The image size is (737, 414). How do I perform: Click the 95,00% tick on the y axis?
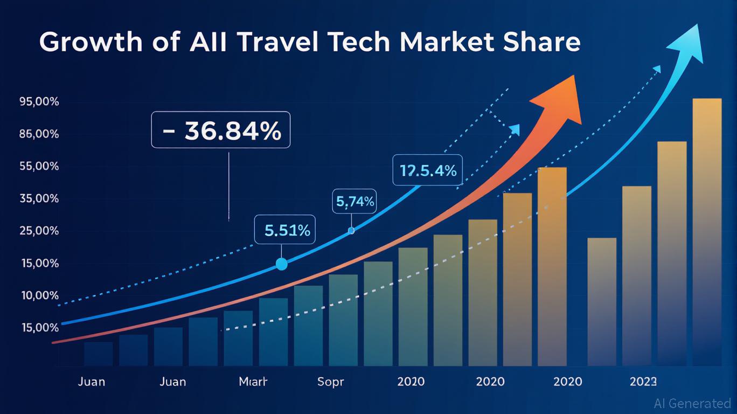(x=39, y=102)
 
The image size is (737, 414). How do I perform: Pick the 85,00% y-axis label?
(x=39, y=134)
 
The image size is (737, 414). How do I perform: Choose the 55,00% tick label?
(x=39, y=167)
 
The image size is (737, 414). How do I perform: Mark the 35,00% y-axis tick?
(x=39, y=199)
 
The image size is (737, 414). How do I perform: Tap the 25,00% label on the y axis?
(x=39, y=231)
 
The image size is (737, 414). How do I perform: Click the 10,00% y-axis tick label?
(x=39, y=296)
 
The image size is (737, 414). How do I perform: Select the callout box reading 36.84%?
(x=221, y=130)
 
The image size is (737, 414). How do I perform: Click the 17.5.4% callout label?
(x=428, y=171)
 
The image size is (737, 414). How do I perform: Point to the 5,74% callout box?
(x=354, y=202)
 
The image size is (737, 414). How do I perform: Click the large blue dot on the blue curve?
(x=281, y=264)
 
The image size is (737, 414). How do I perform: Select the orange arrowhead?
(x=560, y=100)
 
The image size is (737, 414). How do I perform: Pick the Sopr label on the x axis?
(x=330, y=382)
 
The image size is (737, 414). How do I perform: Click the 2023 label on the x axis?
(x=643, y=382)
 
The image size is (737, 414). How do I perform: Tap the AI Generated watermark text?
(x=692, y=403)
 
